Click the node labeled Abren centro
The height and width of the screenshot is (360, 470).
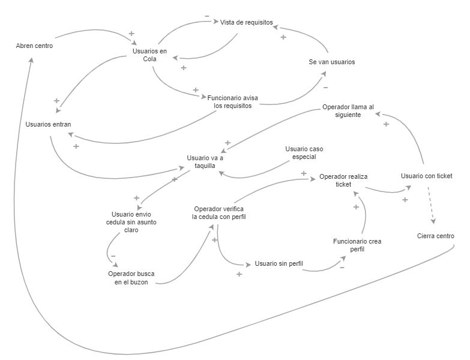pyautogui.click(x=34, y=46)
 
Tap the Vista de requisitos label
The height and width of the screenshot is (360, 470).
pyautogui.click(x=247, y=22)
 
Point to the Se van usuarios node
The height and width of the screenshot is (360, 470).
pyautogui.click(x=332, y=62)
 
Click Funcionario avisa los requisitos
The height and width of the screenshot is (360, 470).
pyautogui.click(x=233, y=101)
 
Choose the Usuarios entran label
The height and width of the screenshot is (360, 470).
pyautogui.click(x=48, y=124)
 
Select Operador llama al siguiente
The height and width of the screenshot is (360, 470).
pyautogui.click(x=348, y=111)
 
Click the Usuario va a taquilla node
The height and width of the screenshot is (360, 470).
pyautogui.click(x=205, y=163)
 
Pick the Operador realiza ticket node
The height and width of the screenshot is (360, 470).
pyautogui.click(x=343, y=180)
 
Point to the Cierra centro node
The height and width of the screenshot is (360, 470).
pyautogui.click(x=436, y=236)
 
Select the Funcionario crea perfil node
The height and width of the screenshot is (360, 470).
pyautogui.click(x=357, y=245)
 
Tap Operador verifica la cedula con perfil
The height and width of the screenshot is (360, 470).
pyautogui.click(x=219, y=212)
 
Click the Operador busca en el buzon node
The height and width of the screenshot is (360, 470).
pyautogui.click(x=131, y=278)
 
